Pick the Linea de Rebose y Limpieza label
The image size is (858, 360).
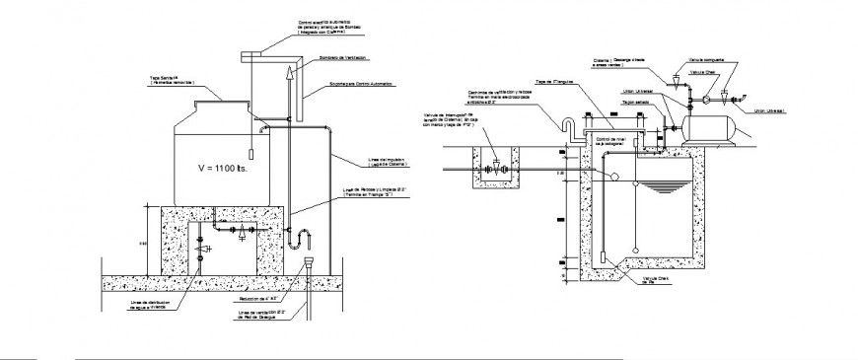tap(367, 191)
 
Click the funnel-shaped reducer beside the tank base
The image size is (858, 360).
tap(310, 264)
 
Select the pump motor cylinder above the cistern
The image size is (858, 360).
tap(707, 126)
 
